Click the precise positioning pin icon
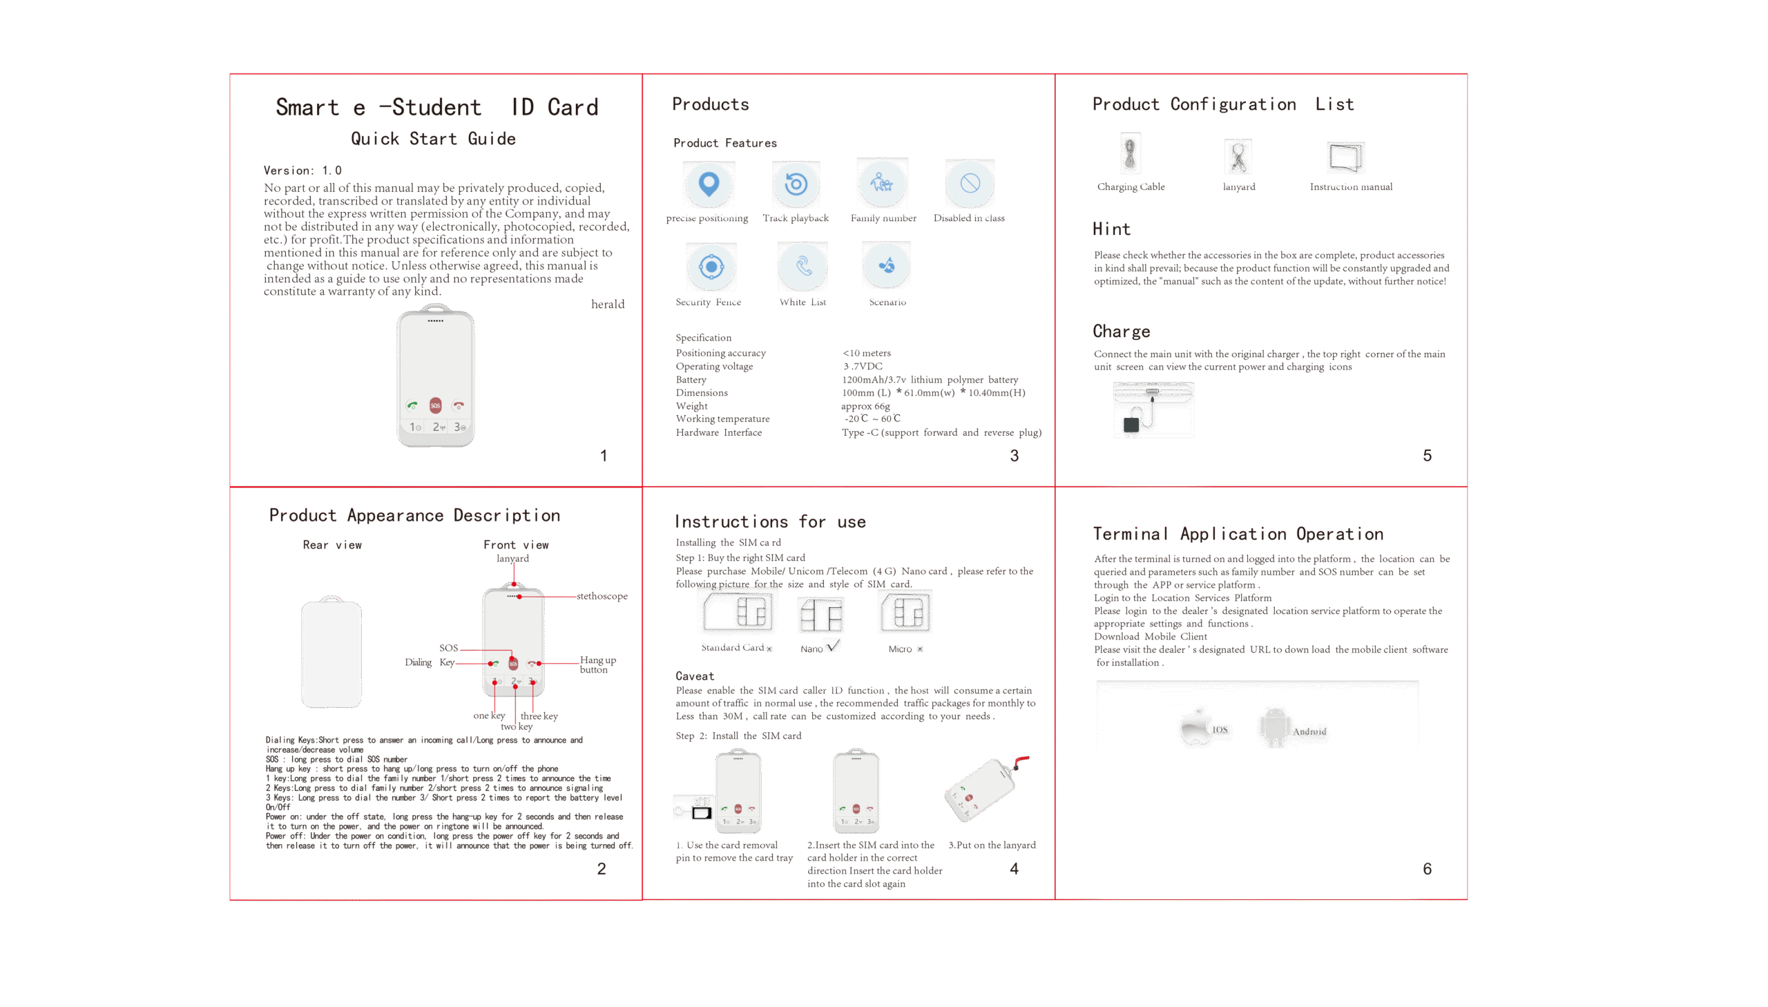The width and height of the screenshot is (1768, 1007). [709, 184]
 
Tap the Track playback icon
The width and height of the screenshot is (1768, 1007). [796, 184]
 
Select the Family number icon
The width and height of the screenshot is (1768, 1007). [881, 183]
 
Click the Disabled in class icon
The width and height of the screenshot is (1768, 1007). [970, 183]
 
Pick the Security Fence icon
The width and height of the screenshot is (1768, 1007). [711, 267]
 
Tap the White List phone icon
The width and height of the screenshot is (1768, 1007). [803, 266]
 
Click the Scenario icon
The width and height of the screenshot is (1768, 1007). [887, 266]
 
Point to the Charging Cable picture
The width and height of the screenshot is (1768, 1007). [1130, 153]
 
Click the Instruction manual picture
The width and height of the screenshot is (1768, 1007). [1345, 157]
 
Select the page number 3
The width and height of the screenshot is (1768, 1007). [1015, 456]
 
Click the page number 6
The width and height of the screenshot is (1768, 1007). [1427, 870]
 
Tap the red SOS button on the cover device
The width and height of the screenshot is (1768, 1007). [435, 405]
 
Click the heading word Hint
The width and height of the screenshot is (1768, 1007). [1111, 229]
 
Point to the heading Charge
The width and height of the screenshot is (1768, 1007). [1122, 332]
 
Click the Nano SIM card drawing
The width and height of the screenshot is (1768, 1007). [820, 615]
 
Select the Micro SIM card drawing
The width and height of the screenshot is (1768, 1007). [906, 611]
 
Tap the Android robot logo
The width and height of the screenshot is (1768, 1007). [1274, 727]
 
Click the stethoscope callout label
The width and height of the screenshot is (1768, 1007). [602, 596]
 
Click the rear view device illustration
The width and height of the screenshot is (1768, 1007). [331, 651]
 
